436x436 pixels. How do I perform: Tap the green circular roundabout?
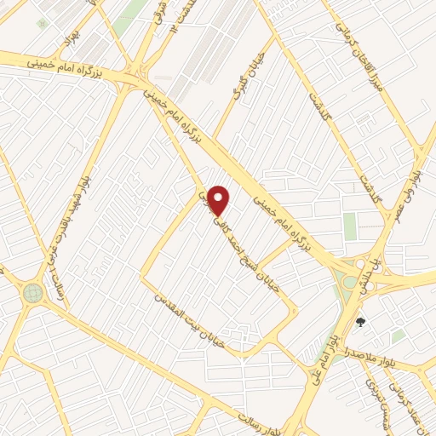[32, 293]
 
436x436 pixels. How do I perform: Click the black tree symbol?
[360, 322]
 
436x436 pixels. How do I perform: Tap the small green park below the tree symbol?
[397, 337]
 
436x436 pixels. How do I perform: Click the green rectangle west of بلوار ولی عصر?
[350, 227]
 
